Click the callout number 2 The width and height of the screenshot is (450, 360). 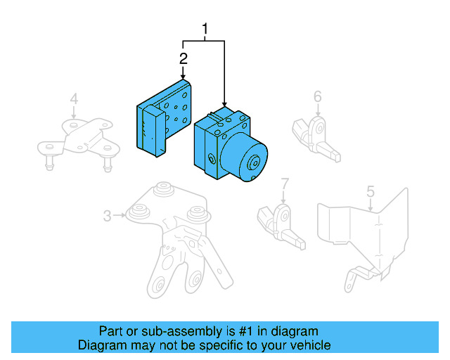coord(183,58)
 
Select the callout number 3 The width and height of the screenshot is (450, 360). coord(107,216)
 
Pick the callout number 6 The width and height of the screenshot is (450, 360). coord(317,96)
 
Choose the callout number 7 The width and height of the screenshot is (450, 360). coord(285,185)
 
